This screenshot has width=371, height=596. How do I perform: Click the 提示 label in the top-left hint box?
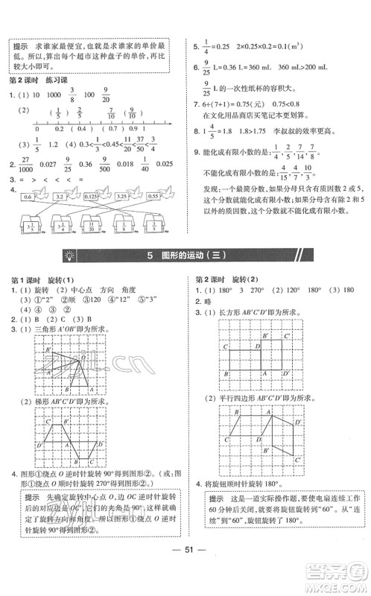[20, 45]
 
